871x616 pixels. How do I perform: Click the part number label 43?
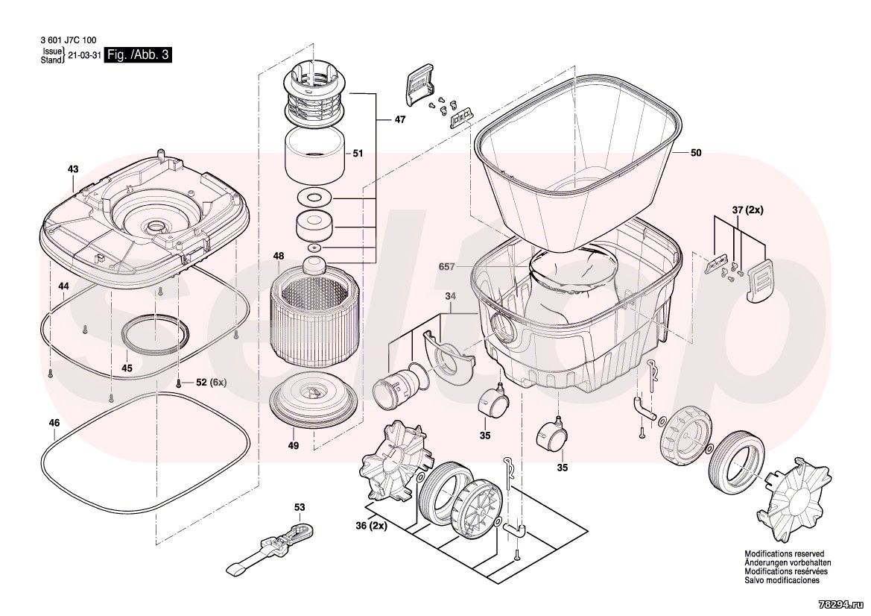click(x=72, y=170)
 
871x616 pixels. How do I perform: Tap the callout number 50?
click(x=696, y=153)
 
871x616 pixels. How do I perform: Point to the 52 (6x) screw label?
click(x=210, y=383)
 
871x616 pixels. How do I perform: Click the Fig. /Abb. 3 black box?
click(x=138, y=56)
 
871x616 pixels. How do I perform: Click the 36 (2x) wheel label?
click(x=370, y=526)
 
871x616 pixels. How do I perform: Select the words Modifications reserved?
click(x=785, y=554)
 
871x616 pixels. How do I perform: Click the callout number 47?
click(x=400, y=119)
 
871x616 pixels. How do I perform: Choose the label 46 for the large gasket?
click(x=54, y=423)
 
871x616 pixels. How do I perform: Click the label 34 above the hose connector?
click(x=450, y=297)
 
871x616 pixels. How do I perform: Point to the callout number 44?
click(x=64, y=286)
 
